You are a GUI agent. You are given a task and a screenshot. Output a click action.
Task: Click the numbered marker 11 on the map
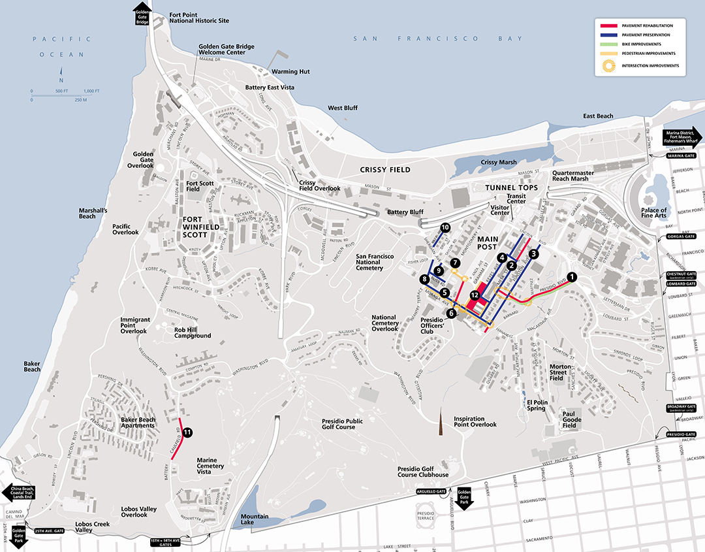coord(187,432)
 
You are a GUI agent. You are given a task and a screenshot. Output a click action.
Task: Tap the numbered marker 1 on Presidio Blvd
coord(572,277)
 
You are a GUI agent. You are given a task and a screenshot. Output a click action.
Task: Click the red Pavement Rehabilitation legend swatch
coord(608,25)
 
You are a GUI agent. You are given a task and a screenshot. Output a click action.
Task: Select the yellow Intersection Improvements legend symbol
coord(608,65)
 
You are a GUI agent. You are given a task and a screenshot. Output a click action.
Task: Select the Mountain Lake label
coord(255,520)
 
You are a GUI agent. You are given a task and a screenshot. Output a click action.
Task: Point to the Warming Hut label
coord(290,71)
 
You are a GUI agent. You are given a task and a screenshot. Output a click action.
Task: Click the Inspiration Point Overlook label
coord(475,421)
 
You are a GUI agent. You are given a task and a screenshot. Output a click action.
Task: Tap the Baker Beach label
coord(32,366)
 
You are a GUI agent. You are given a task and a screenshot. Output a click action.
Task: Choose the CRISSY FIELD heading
coord(385,170)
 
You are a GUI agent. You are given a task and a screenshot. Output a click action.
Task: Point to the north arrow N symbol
coord(61,73)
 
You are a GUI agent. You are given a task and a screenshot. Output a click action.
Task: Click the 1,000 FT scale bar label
coord(91,90)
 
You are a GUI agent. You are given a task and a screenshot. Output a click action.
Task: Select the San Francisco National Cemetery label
coord(374,262)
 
